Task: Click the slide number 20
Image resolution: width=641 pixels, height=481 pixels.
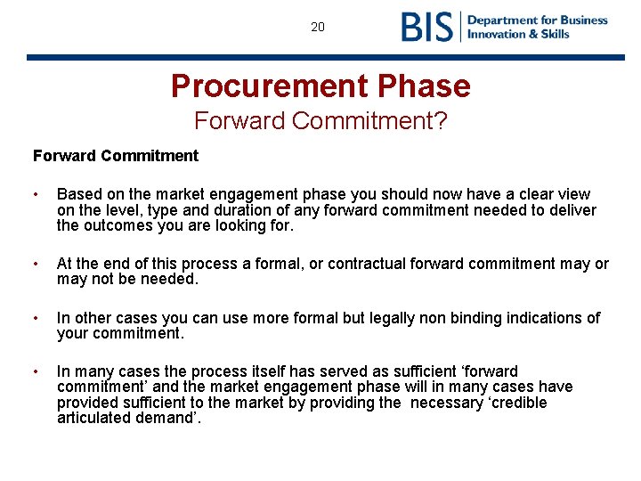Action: coord(318,27)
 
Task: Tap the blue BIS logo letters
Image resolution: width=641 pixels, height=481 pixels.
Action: coord(427,27)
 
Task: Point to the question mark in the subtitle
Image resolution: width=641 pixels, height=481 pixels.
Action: coord(441,119)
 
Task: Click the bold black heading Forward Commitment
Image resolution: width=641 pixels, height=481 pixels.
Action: coord(116,156)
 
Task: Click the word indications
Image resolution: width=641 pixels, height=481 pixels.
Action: coord(543,318)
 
